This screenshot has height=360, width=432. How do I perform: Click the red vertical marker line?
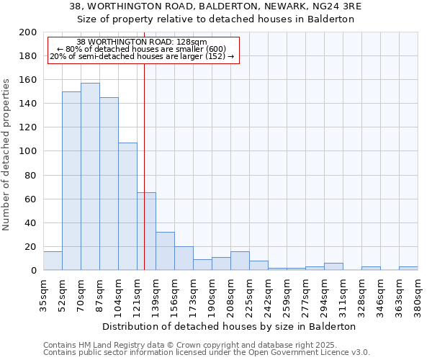(x=144, y=158)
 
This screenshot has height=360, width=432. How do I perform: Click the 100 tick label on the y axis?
(x=28, y=151)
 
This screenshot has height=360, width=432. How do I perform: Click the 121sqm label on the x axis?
(x=138, y=295)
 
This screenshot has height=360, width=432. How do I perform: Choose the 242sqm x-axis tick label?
(x=269, y=295)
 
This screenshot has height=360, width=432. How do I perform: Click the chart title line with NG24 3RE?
(x=216, y=6)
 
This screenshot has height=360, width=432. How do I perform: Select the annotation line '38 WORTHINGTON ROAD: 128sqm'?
(x=142, y=42)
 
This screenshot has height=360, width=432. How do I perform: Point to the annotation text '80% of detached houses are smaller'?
(x=142, y=49)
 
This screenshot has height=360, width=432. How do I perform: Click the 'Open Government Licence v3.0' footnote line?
(x=207, y=352)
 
